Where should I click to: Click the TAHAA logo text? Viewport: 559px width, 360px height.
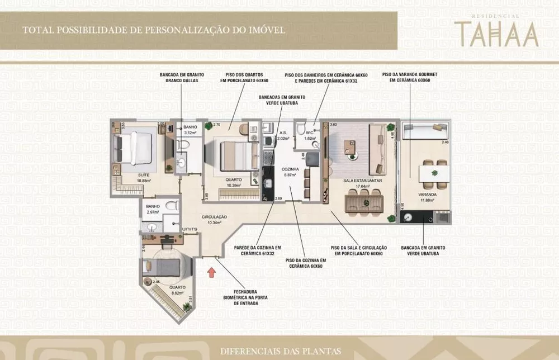(x=496, y=34)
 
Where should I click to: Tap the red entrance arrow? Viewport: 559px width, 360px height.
(x=211, y=273)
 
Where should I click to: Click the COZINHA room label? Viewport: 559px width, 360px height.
(x=290, y=171)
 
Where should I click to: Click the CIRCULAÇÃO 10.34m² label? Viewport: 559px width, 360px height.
(x=215, y=219)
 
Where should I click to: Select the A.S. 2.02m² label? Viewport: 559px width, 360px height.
(x=283, y=135)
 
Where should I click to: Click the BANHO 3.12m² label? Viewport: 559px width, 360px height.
(x=190, y=130)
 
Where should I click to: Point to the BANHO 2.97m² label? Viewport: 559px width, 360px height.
(x=153, y=209)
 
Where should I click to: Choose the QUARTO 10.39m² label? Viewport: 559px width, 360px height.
(x=233, y=182)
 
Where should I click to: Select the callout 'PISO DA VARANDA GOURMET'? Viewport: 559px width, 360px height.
(x=406, y=77)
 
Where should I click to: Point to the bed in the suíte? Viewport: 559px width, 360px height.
(x=134, y=146)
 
